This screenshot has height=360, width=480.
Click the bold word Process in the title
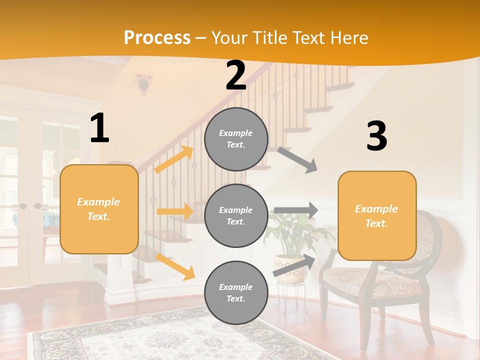tap(157, 37)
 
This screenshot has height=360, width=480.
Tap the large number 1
tap(99, 128)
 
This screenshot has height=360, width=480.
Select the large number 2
tap(236, 75)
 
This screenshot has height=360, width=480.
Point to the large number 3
tap(376, 136)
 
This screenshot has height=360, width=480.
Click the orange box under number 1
tap(99, 209)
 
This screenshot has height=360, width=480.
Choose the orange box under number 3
tap(377, 216)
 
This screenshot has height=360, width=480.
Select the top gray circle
tap(236, 139)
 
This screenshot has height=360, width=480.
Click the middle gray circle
tap(236, 216)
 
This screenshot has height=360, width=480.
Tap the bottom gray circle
tap(236, 293)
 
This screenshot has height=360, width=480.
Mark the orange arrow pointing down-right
tap(175, 266)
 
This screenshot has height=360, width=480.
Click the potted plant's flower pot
tap(290, 268)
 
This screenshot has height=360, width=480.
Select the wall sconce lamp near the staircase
tap(144, 82)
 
